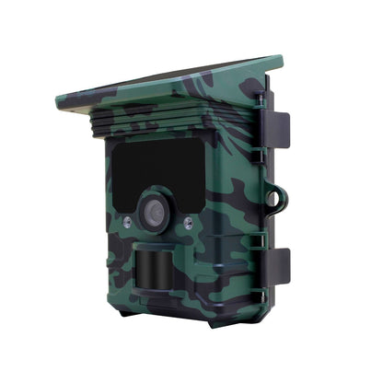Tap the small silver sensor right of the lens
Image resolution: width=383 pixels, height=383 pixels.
[188, 223]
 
